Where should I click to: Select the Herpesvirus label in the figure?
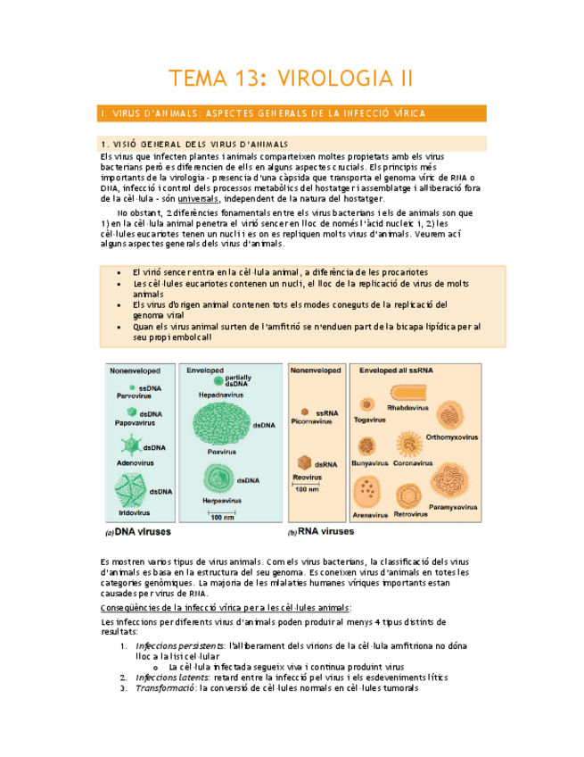tap(222, 502)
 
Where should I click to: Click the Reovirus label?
tap(306, 478)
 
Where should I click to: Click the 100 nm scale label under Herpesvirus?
tap(223, 517)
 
